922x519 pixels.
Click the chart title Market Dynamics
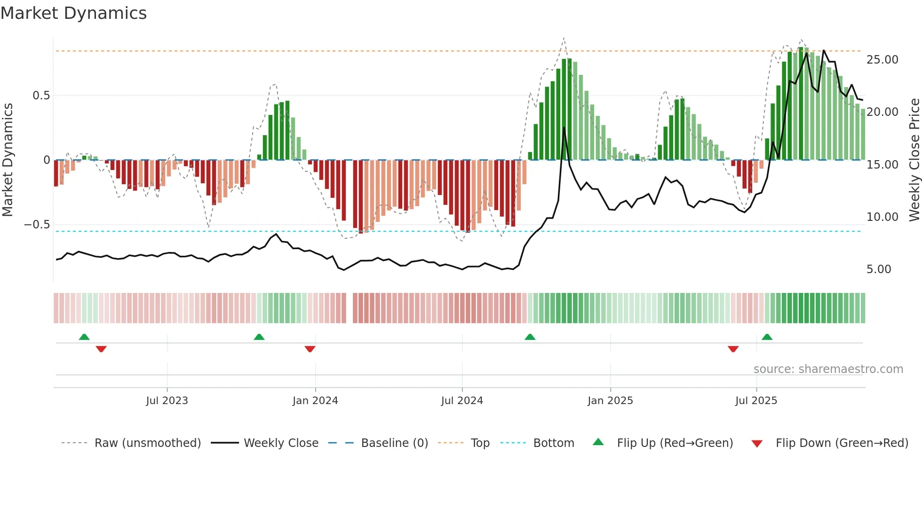73,13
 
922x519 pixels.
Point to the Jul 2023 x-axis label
167,401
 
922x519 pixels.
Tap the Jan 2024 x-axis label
315,401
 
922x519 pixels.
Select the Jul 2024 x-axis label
462,401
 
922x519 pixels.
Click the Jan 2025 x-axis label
610,401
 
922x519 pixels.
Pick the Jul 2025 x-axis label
756,401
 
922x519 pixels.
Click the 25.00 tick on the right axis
882,60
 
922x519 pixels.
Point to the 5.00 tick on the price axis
879,269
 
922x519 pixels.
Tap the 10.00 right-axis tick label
882,217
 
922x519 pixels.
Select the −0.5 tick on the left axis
37,225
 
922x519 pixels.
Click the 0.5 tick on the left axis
41,96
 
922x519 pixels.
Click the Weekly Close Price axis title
914,160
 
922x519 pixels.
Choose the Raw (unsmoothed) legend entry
147,443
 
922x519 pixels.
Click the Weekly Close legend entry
281,443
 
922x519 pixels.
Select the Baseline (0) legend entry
394,443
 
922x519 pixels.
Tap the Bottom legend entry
553,443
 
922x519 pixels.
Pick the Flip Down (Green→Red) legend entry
842,443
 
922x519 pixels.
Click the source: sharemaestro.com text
828,369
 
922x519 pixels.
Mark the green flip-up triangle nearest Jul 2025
767,337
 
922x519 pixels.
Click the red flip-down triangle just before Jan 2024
310,349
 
